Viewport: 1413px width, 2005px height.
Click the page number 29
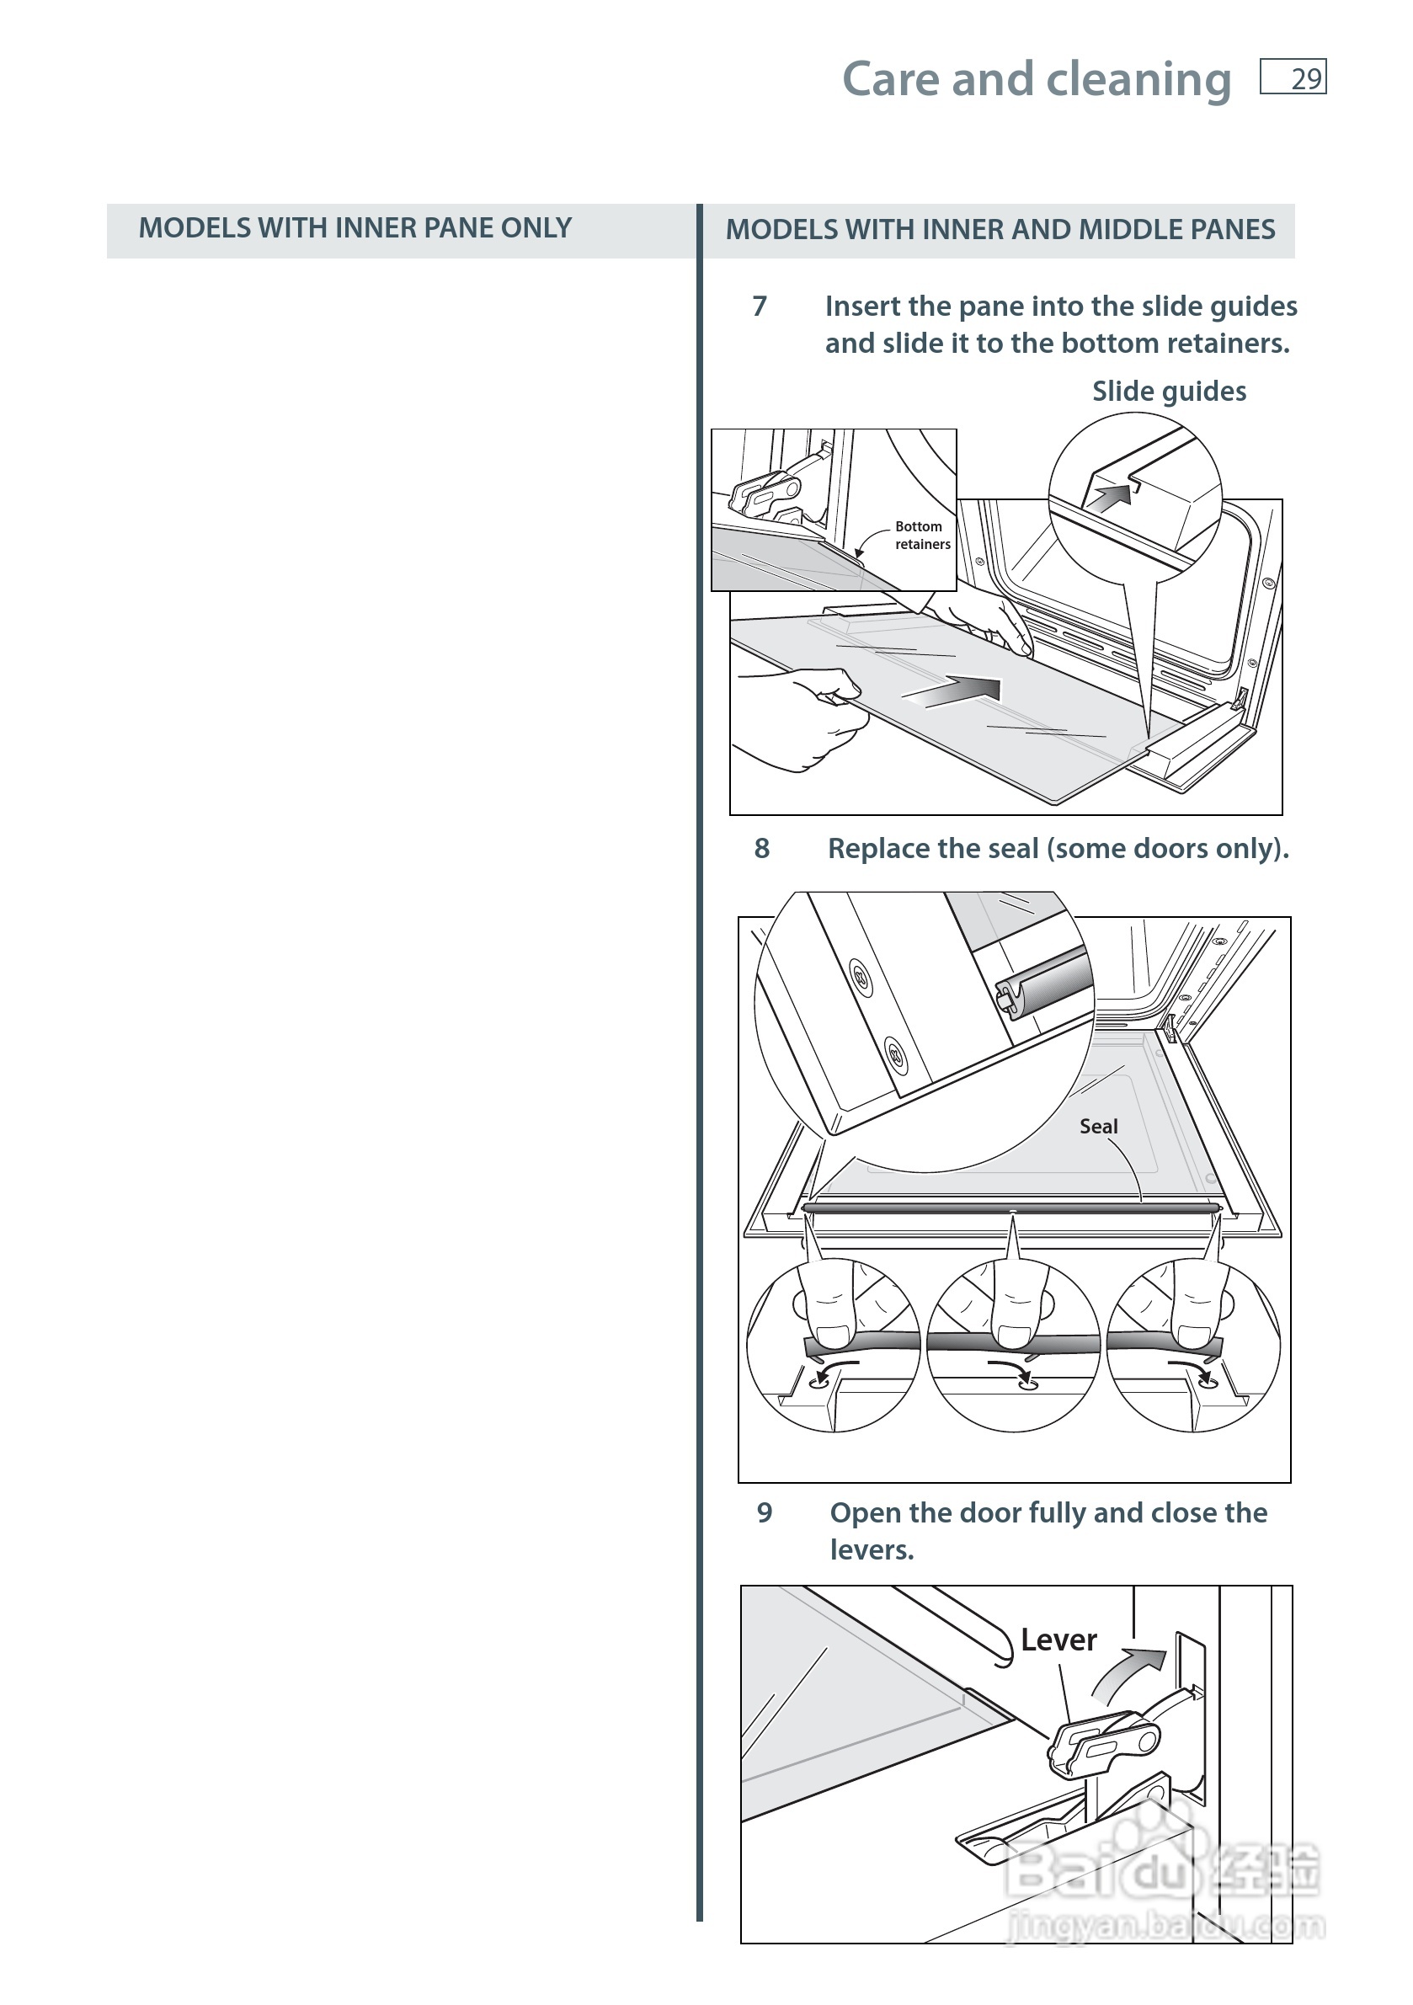tap(1304, 79)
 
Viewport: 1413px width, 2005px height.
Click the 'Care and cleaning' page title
tap(1036, 79)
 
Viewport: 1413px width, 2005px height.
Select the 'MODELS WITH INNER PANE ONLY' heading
tap(355, 228)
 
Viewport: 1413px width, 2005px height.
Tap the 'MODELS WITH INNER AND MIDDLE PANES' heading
tap(1000, 230)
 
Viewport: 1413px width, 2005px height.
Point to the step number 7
tap(759, 307)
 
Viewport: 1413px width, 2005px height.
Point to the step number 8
tap(761, 848)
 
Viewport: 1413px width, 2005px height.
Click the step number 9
tap(764, 1512)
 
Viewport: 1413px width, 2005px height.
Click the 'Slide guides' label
tap(1169, 392)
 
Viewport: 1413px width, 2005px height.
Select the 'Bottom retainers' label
tap(921, 536)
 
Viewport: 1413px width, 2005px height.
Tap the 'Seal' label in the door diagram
tap(1098, 1127)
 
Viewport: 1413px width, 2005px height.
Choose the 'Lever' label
tap(1058, 1640)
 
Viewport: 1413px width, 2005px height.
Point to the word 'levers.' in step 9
tap(872, 1550)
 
